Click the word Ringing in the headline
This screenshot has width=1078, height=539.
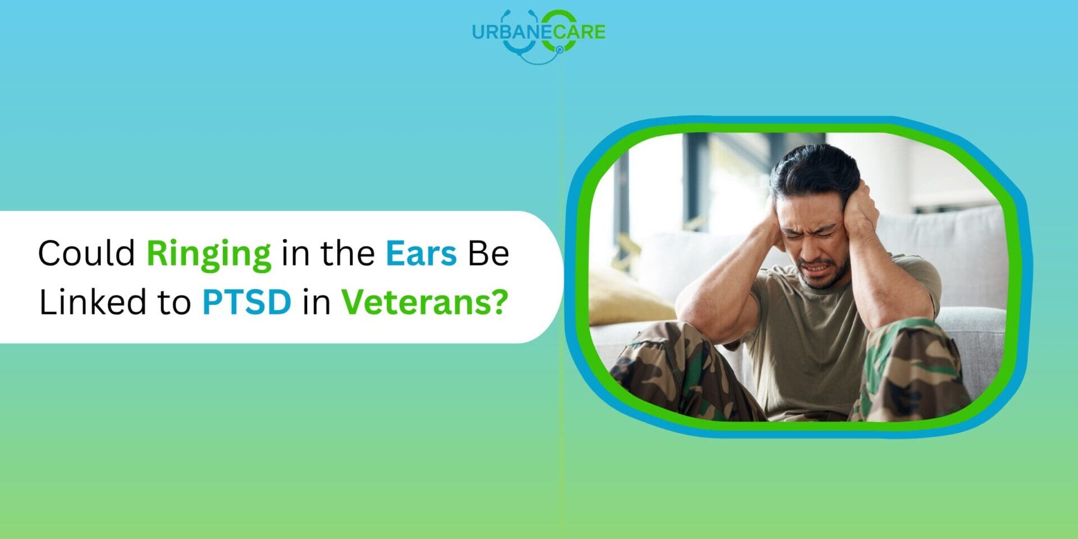tap(208, 254)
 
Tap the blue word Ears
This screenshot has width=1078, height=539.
tap(421, 253)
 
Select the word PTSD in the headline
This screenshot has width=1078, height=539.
tap(246, 302)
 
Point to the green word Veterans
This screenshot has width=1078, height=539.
tap(417, 302)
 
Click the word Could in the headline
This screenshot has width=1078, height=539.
tap(86, 253)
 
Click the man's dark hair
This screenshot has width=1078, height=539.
tap(814, 168)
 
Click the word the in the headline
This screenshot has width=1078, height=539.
tap(348, 253)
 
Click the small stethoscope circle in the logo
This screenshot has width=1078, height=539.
tap(559, 50)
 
